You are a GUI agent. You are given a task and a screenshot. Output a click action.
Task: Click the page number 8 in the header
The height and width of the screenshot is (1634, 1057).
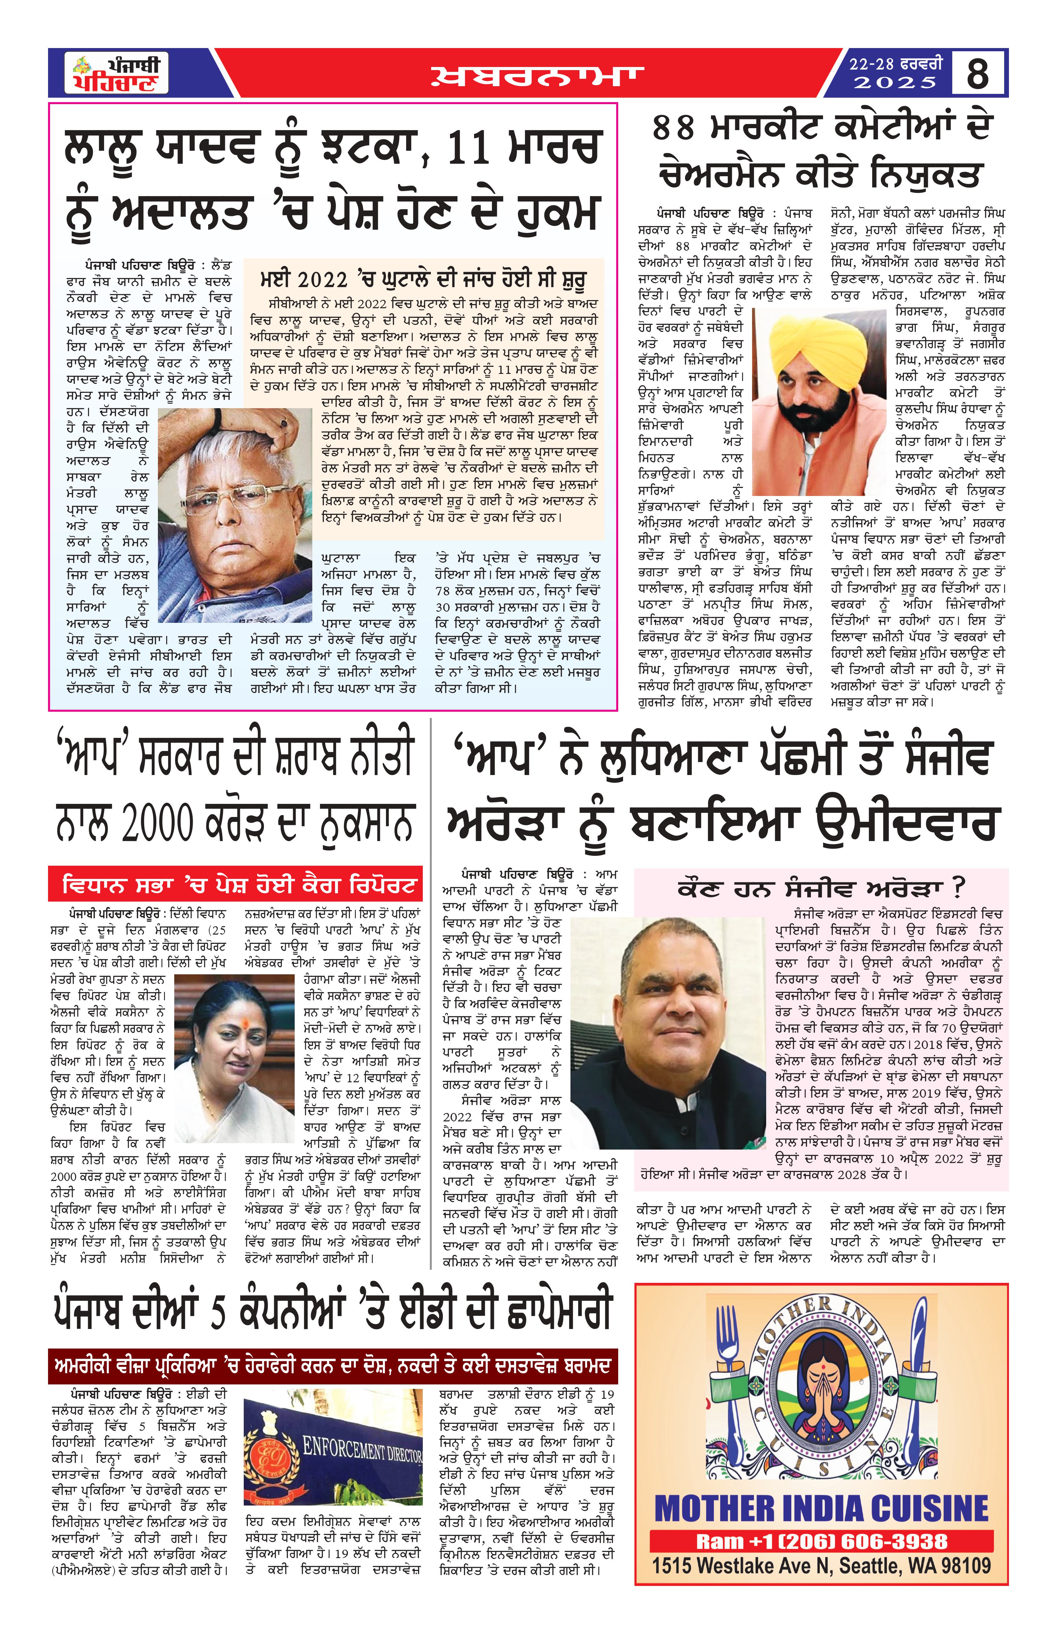pyautogui.click(x=978, y=73)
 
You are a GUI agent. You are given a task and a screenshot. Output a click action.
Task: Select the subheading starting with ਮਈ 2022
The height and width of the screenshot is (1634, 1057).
pyautogui.click(x=423, y=279)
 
